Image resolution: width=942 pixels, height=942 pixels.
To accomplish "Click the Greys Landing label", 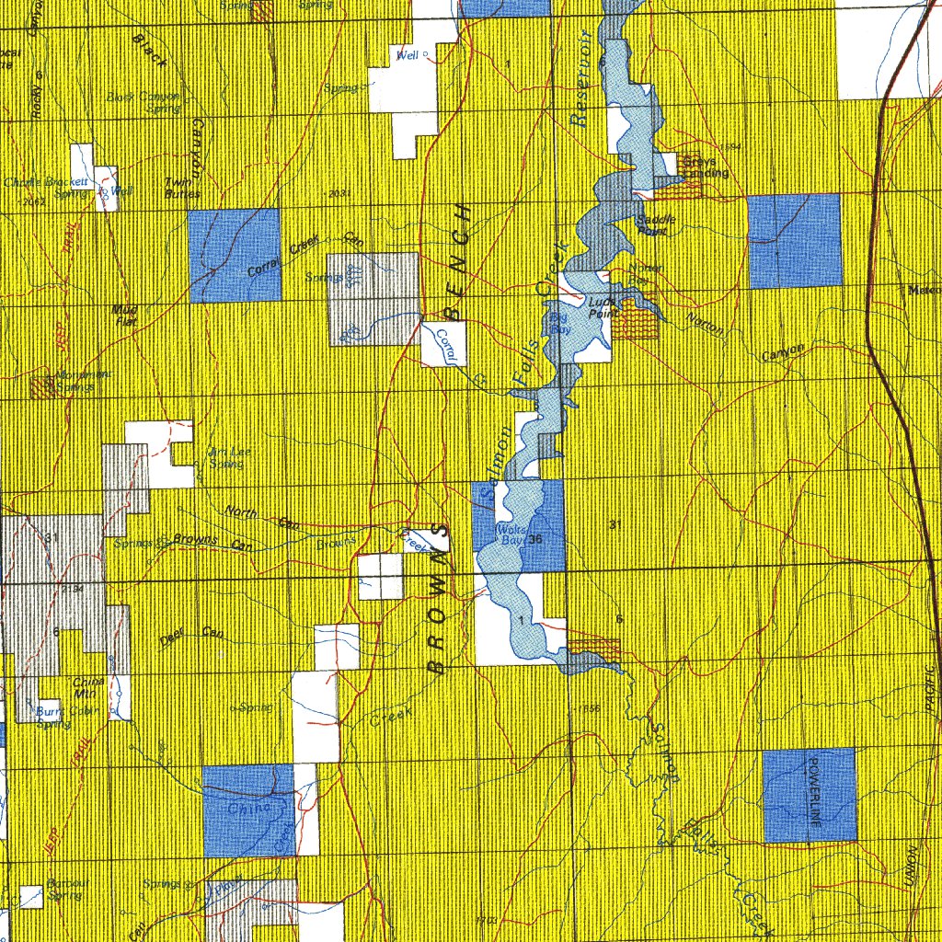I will [x=706, y=167].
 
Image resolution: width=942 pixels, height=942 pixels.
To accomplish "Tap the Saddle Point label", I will [x=657, y=224].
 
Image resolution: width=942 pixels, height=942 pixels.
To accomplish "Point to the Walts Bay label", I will [x=509, y=535].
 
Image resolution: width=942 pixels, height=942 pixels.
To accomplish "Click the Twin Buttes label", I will [x=177, y=188].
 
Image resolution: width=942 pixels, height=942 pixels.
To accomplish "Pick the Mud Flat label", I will [x=125, y=316].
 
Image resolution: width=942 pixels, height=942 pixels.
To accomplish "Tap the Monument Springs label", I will [x=83, y=380].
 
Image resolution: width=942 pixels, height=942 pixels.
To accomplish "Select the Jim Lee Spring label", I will [x=225, y=457].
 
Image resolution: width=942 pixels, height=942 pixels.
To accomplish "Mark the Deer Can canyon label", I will [x=191, y=636].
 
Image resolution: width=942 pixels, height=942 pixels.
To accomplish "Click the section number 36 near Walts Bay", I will [x=534, y=540].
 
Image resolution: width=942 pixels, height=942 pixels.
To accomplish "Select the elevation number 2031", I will [x=339, y=193].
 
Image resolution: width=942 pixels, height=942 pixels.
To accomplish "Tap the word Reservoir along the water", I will [x=580, y=78].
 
